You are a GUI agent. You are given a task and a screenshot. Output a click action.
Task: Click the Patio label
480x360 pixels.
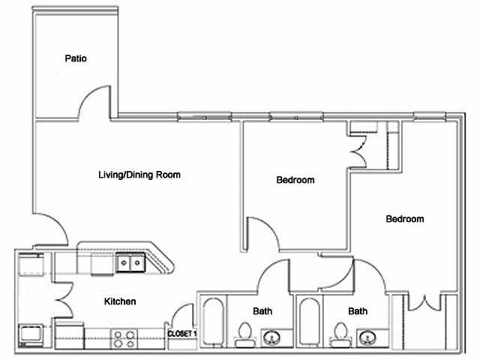pos(76,58)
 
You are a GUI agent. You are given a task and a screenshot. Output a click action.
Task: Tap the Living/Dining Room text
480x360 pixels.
pos(139,175)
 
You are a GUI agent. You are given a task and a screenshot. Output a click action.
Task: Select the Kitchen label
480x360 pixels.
pos(120,301)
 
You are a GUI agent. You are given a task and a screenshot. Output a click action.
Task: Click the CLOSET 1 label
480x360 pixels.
pos(181,333)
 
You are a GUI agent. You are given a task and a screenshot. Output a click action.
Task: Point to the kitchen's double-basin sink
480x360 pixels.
pos(130,263)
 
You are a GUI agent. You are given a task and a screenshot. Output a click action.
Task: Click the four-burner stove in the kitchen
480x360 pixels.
pos(123,338)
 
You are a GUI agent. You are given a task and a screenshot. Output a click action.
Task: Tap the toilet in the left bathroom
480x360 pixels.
pos(244,334)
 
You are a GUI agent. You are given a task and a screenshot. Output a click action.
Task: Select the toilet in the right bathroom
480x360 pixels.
pos(341,334)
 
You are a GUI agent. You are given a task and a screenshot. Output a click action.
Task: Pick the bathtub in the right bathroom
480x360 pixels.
pos(308,322)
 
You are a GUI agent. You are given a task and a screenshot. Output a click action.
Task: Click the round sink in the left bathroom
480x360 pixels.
pos(271,336)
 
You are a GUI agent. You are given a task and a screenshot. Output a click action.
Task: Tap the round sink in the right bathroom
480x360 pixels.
pos(367,336)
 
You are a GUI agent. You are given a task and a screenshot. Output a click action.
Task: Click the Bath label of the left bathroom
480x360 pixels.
pos(262,310)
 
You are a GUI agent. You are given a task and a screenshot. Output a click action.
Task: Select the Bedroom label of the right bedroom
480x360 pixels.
pos(404,219)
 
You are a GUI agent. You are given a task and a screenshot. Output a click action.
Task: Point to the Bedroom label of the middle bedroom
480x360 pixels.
pos(295,180)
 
